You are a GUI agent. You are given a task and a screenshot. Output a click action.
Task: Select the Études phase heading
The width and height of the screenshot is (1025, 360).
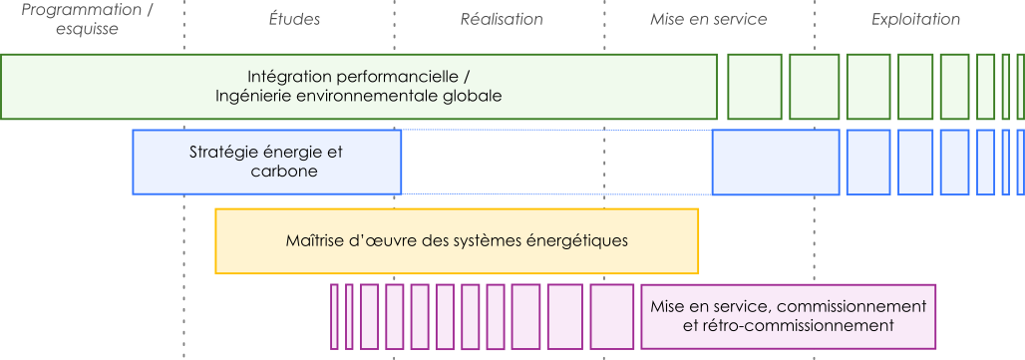(x=295, y=20)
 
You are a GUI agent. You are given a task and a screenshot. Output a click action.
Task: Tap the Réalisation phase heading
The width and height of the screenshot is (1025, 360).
(x=502, y=20)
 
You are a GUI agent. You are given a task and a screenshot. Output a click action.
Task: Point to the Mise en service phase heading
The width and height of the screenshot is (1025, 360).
(x=708, y=20)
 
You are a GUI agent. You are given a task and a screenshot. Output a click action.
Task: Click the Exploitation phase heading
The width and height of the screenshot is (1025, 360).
(x=915, y=20)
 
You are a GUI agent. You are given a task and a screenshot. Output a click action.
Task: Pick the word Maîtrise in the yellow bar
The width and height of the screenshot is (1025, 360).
(x=314, y=240)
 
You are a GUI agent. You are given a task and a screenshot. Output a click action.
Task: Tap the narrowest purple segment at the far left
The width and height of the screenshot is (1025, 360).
(x=335, y=316)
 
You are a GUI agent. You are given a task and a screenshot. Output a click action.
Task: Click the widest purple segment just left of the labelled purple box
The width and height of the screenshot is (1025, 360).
(x=612, y=316)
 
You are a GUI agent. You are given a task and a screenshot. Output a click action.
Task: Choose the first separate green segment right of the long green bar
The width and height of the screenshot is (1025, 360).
(x=754, y=87)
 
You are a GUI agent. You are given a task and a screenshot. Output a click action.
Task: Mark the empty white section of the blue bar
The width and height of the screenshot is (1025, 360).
(x=556, y=162)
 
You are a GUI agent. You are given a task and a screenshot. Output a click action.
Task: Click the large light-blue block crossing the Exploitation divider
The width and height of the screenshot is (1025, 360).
(x=776, y=162)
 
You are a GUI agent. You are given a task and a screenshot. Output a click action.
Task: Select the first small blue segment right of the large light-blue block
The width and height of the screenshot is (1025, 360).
(x=867, y=162)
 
